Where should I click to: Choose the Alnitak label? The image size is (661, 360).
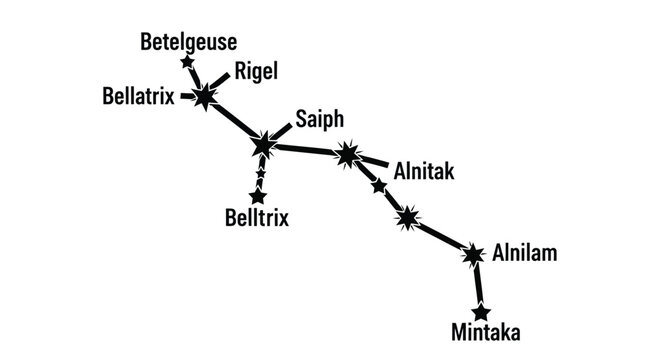425,172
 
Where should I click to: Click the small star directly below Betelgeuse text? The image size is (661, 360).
187,63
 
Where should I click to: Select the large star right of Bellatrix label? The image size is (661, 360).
205,97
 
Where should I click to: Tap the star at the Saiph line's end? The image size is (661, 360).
263,146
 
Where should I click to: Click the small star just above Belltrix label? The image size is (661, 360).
258,196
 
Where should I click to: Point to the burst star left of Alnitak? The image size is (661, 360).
347,155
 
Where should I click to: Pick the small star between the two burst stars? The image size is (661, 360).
378,186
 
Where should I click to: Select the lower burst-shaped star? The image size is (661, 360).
406,217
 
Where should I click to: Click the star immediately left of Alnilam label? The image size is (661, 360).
472,255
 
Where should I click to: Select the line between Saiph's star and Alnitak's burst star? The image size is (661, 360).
305,150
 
